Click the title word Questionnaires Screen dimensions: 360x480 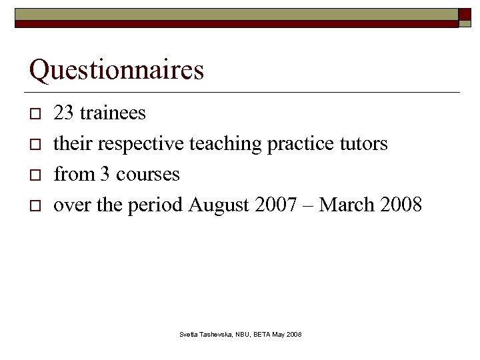pos(117,70)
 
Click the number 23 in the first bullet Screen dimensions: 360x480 pos(63,113)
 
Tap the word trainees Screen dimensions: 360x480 pos(113,113)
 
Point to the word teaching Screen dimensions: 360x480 pos(225,143)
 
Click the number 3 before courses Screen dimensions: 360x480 pos(105,174)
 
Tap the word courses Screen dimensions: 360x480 pos(148,174)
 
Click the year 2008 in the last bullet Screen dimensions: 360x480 pos(401,205)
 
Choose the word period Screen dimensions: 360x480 pos(155,205)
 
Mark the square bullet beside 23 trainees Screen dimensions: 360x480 pos(34,113)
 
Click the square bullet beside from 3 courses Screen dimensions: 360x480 pos(34,175)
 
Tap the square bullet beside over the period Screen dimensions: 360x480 pos(34,205)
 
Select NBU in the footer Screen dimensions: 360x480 pos(243,333)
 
